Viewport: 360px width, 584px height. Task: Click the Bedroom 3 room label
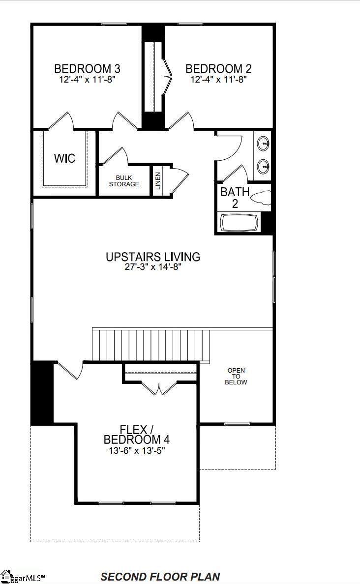pyautogui.click(x=87, y=68)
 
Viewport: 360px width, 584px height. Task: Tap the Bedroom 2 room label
pyautogui.click(x=218, y=68)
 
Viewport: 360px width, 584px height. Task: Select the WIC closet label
pyautogui.click(x=64, y=158)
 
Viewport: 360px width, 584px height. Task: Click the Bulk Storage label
pyautogui.click(x=124, y=181)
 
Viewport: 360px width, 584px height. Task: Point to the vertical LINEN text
pyautogui.click(x=158, y=180)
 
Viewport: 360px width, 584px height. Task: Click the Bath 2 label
pyautogui.click(x=235, y=198)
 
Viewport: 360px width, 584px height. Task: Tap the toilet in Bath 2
pyautogui.click(x=260, y=197)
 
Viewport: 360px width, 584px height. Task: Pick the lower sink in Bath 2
pyautogui.click(x=264, y=166)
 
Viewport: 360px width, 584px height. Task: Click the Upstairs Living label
pyautogui.click(x=153, y=257)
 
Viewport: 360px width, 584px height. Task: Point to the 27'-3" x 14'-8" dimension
pyautogui.click(x=153, y=267)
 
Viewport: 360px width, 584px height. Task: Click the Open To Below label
pyautogui.click(x=236, y=376)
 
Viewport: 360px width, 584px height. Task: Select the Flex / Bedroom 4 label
pyautogui.click(x=136, y=435)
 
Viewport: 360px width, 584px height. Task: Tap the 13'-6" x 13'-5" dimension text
pyautogui.click(x=137, y=451)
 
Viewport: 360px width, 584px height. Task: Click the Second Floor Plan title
pyautogui.click(x=160, y=577)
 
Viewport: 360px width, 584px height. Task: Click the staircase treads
pyautogui.click(x=151, y=345)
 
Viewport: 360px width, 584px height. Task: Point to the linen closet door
pyautogui.click(x=180, y=180)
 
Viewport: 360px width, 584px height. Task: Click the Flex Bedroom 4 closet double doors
pyautogui.click(x=159, y=388)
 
